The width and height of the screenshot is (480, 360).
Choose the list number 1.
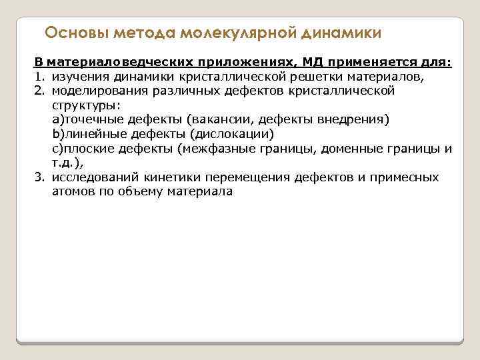[39, 77]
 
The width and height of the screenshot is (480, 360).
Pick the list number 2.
[39, 91]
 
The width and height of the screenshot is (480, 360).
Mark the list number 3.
[39, 177]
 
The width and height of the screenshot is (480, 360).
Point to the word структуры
[83, 105]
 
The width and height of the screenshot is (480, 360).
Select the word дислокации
[233, 134]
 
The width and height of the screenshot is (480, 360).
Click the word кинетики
[167, 177]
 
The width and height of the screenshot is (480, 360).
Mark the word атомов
[71, 192]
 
